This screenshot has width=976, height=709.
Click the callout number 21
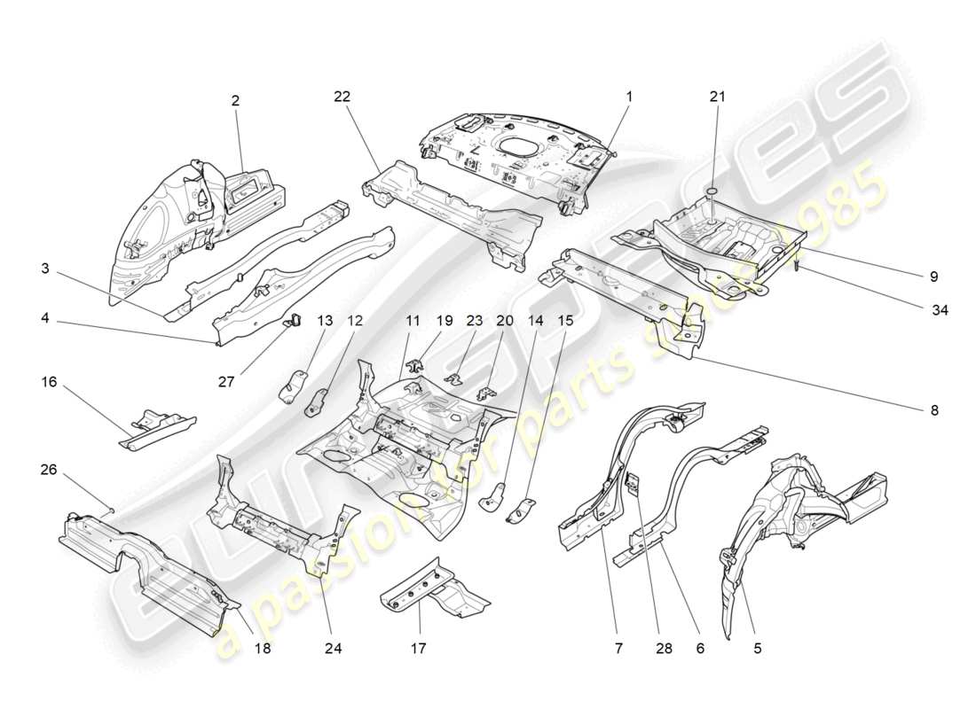[x=717, y=97]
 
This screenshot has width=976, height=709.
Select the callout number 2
[x=235, y=101]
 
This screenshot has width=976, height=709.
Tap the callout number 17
[x=418, y=649]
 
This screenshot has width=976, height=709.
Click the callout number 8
[x=934, y=410]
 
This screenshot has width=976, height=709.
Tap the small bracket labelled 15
[x=522, y=509]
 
